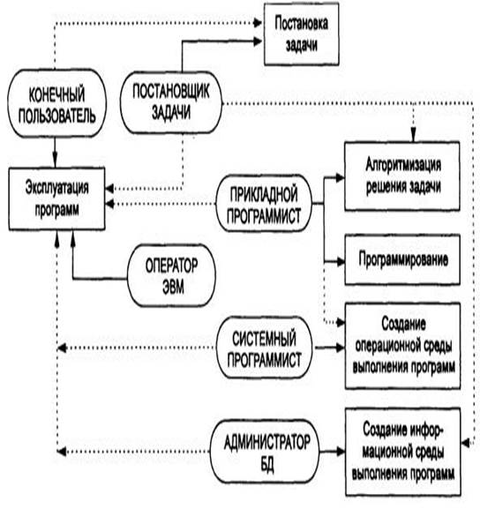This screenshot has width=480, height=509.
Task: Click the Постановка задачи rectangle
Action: (302, 34)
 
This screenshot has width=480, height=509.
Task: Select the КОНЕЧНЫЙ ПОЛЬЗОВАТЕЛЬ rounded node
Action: (56, 103)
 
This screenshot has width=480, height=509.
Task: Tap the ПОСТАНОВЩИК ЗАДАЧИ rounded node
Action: (171, 102)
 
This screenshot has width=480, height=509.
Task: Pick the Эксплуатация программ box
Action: (56, 198)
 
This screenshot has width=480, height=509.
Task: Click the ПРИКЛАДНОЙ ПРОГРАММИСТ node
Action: (264, 204)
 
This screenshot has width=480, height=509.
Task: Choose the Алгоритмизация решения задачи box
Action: (402, 176)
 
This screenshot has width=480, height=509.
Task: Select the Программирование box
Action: (402, 259)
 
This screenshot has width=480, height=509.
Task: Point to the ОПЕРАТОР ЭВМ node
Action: (171, 275)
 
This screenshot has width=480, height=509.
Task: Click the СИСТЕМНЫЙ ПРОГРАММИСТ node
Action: (264, 348)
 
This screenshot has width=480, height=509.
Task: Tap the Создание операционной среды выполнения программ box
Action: (403, 346)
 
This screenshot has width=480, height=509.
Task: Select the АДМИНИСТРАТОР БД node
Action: (265, 452)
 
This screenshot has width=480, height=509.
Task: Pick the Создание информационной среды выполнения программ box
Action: (403, 452)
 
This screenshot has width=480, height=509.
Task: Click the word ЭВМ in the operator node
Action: (173, 287)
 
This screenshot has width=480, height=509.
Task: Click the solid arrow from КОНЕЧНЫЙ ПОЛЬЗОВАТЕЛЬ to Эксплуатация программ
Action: (55, 153)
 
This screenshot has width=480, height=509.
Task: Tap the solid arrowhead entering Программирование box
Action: (340, 261)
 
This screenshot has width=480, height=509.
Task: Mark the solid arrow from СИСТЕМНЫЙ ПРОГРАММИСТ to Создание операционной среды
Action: (330, 348)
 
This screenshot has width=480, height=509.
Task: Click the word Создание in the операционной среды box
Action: (403, 324)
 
